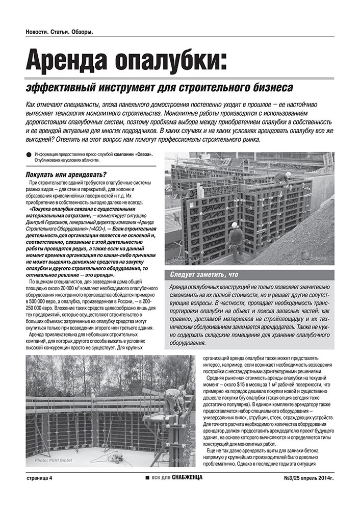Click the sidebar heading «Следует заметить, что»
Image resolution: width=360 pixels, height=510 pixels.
(x=204, y=275)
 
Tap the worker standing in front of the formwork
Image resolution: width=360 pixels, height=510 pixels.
(x=236, y=240)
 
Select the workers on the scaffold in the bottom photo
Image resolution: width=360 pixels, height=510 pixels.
(x=176, y=401)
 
